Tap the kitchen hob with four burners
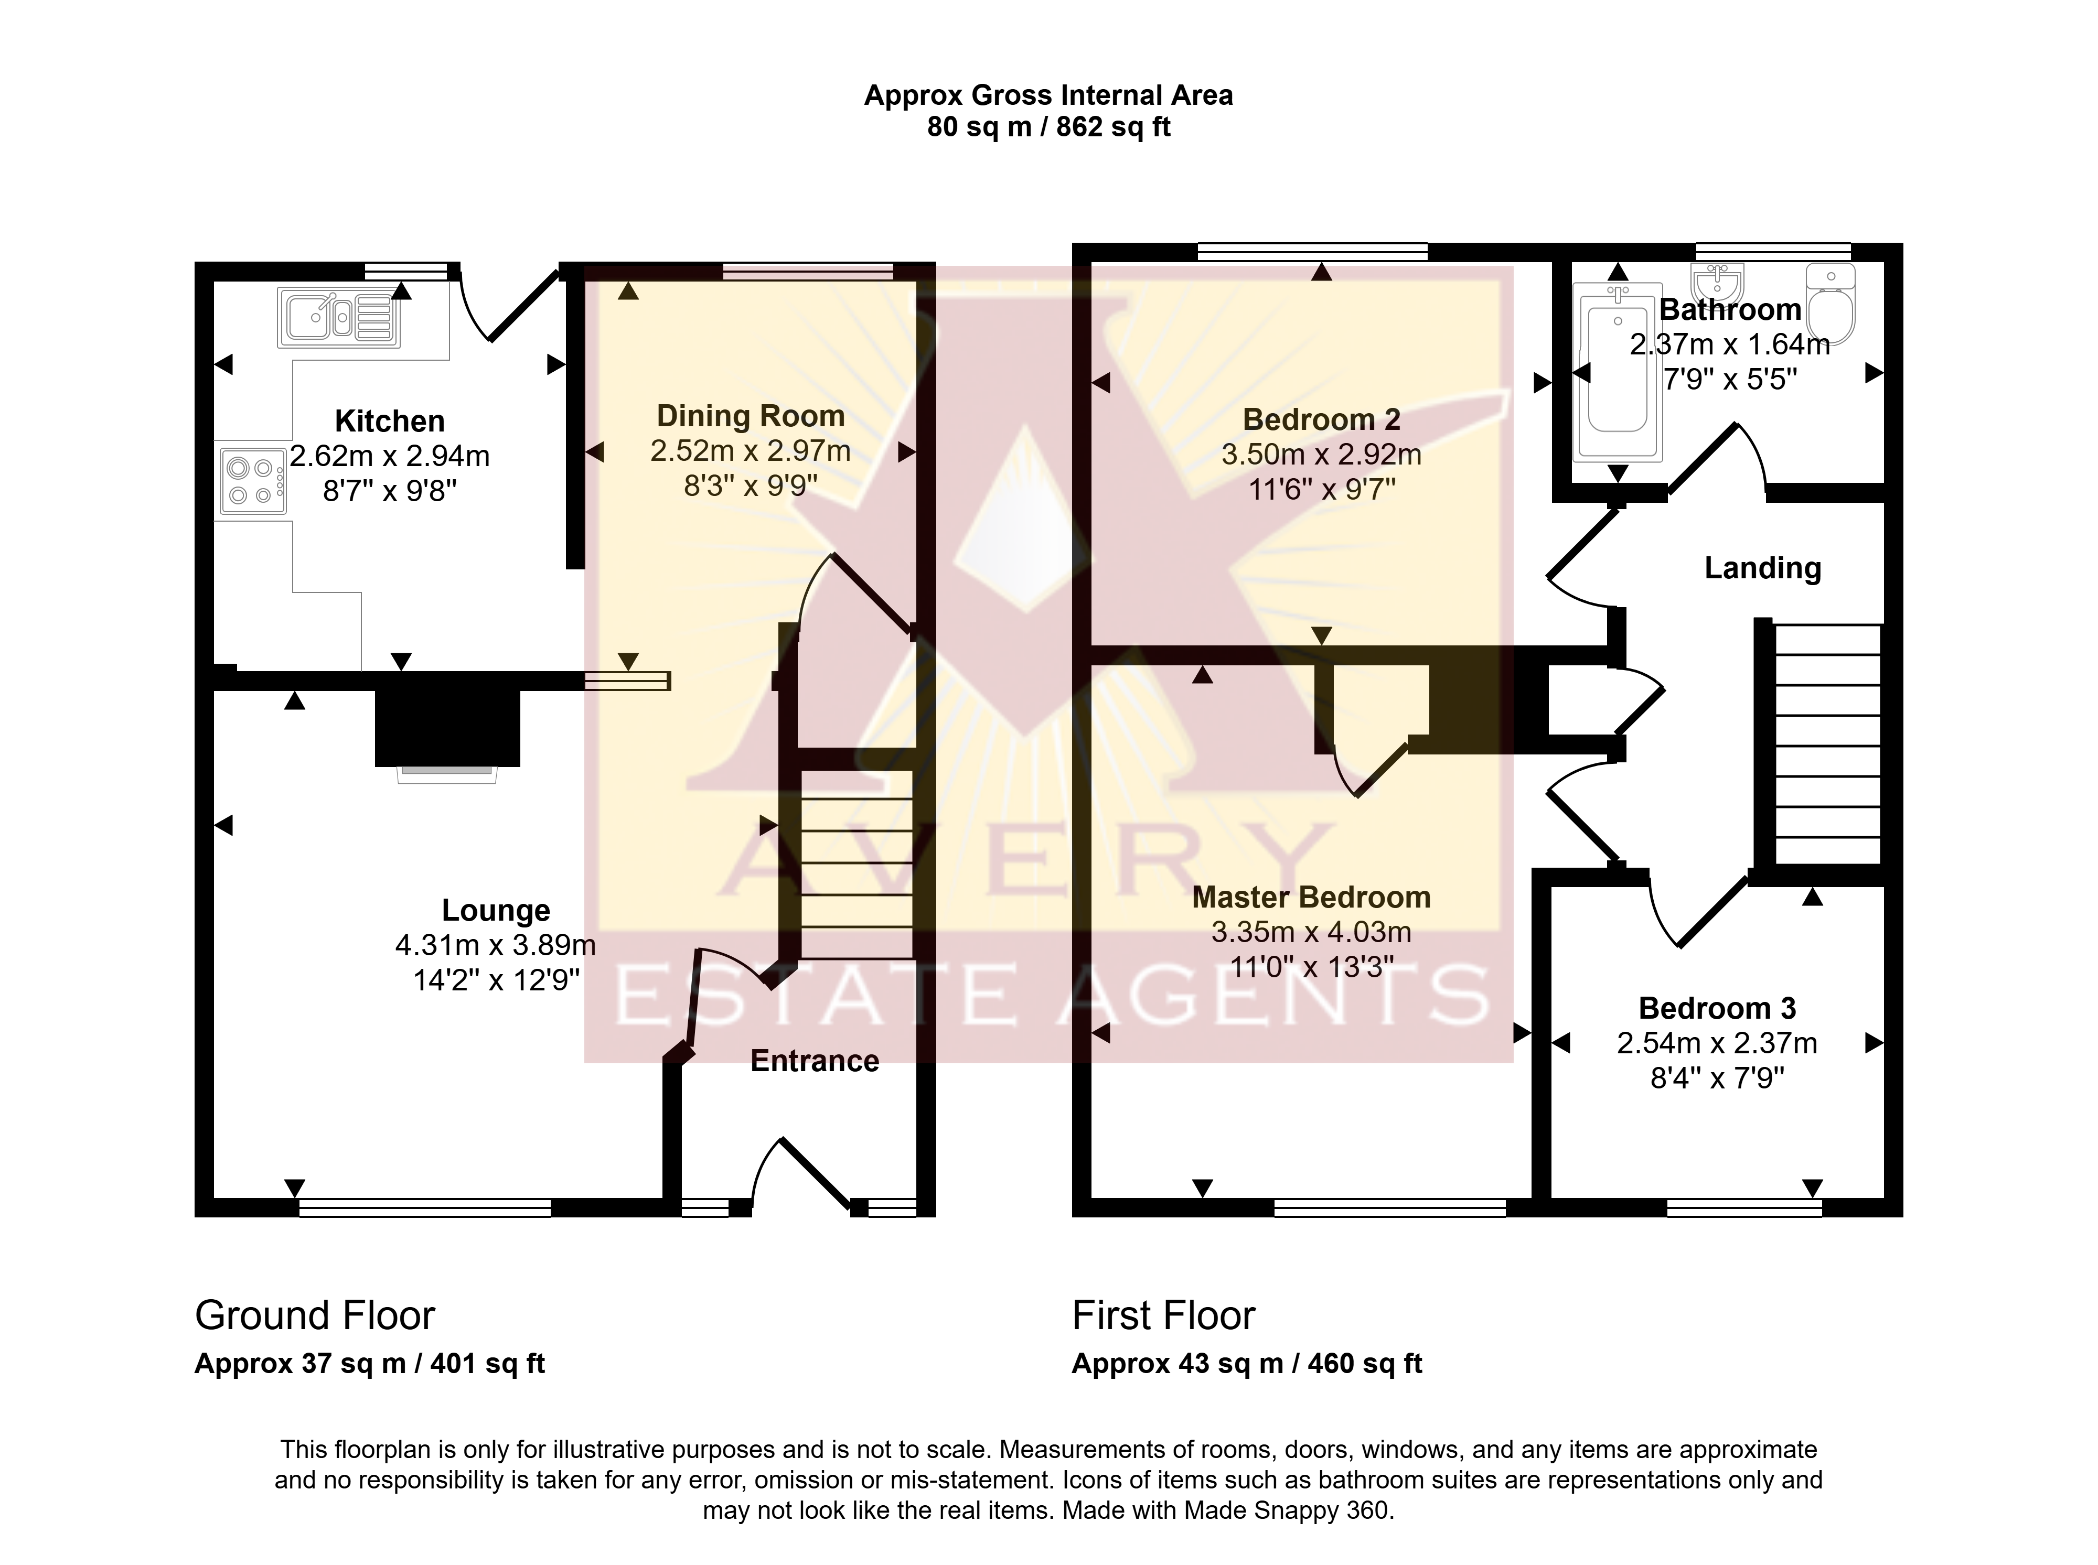[x=253, y=481]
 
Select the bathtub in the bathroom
[x=1618, y=371]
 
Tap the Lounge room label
[x=496, y=910]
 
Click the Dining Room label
[x=751, y=416]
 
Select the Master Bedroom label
[x=1311, y=897]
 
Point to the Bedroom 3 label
[x=1717, y=1008]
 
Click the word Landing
[x=1762, y=568]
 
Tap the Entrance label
[x=815, y=1061]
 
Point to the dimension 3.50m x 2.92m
[x=1321, y=455]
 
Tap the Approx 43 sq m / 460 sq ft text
[x=1247, y=1364]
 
